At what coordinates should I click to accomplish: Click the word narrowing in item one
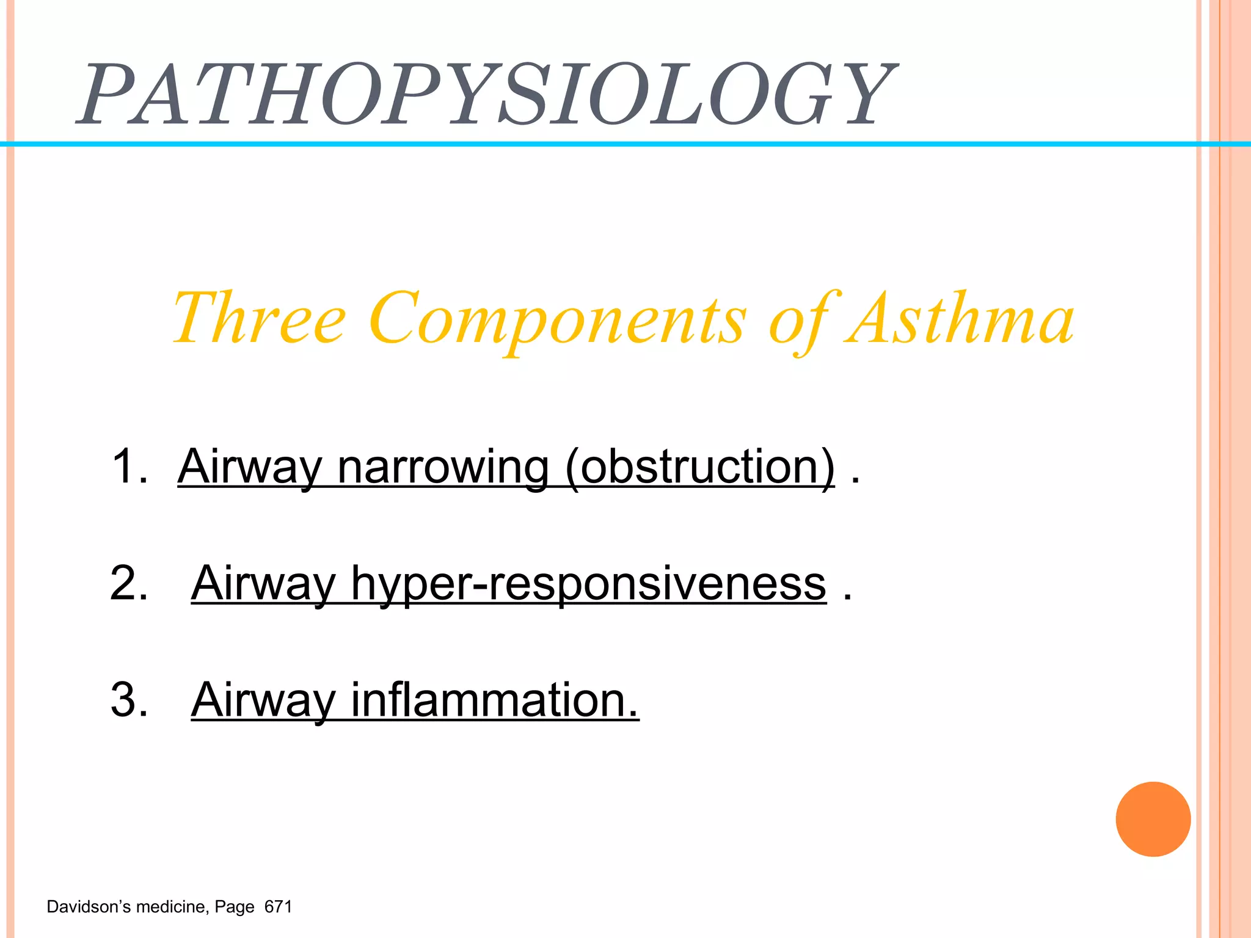[x=443, y=467]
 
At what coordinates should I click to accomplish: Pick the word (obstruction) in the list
[x=700, y=467]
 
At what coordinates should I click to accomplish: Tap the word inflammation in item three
[x=495, y=700]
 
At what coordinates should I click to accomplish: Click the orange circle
[x=1153, y=819]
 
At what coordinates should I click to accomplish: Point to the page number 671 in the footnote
[x=279, y=907]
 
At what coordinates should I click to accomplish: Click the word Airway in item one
[x=249, y=467]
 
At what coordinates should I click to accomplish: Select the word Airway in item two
[x=263, y=584]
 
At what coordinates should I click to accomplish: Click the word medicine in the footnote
[x=172, y=907]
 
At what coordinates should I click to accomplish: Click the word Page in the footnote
[x=235, y=907]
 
